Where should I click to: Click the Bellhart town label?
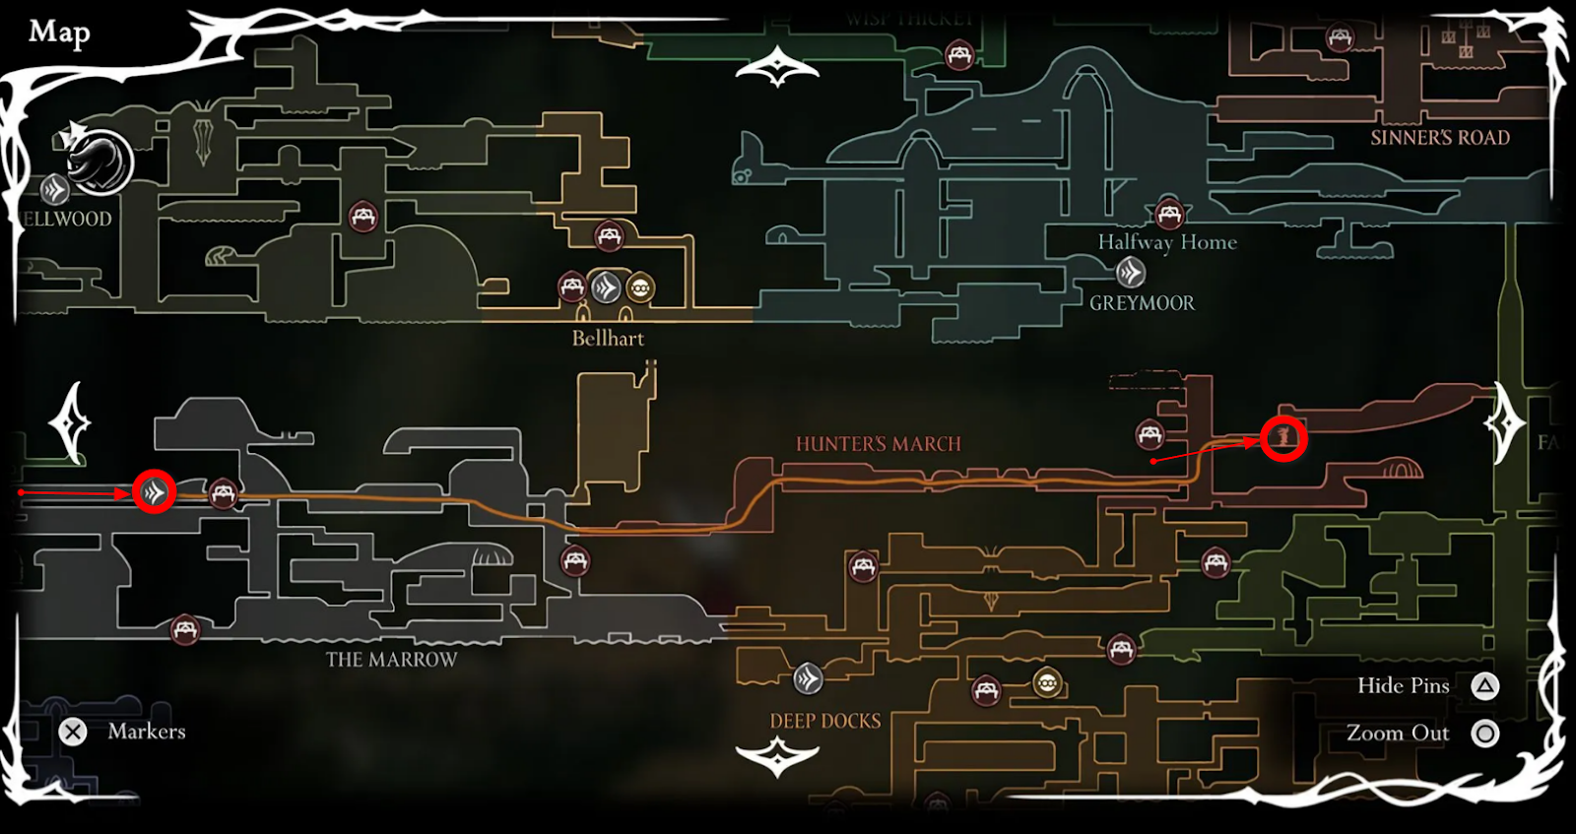click(608, 339)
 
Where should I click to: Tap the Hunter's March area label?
click(878, 444)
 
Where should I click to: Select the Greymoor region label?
click(1142, 303)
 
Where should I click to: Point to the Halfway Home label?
click(1167, 242)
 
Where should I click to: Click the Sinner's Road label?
click(1439, 138)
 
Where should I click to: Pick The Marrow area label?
click(392, 660)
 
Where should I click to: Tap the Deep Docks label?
click(825, 721)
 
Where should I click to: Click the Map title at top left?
click(59, 32)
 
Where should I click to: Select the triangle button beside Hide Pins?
click(1485, 686)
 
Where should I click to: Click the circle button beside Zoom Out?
click(1485, 734)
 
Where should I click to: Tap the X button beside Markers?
click(73, 732)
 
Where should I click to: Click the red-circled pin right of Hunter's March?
click(1283, 438)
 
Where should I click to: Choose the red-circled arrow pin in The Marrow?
click(154, 491)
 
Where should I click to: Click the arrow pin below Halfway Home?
click(1130, 271)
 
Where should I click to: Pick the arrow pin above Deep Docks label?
click(808, 677)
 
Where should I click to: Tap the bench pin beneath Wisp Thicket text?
click(958, 54)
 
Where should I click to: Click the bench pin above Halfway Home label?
click(1168, 213)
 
